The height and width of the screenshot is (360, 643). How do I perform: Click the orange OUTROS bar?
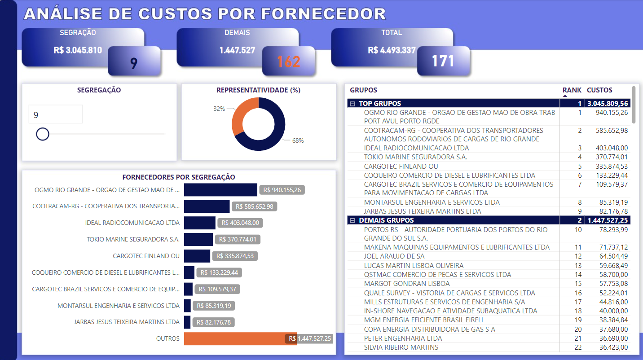(233, 339)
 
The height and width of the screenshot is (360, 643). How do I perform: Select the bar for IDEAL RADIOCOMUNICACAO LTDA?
(200, 223)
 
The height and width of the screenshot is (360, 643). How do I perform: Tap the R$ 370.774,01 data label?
(238, 239)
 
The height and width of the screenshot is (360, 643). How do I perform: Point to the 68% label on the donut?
(298, 140)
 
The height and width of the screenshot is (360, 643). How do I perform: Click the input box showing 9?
(55, 114)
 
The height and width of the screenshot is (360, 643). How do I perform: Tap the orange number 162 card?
(289, 61)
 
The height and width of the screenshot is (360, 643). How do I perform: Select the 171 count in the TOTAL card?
(443, 61)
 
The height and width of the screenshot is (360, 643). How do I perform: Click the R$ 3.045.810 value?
(77, 50)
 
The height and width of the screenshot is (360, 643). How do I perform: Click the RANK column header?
(572, 90)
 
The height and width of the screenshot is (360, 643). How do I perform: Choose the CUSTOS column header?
(599, 90)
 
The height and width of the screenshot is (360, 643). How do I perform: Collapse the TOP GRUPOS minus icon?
(352, 104)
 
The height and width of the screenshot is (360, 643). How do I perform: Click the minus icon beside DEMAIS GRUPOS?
(352, 220)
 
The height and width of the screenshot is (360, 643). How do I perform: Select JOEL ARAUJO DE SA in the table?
(394, 256)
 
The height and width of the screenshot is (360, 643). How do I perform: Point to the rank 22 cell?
(577, 347)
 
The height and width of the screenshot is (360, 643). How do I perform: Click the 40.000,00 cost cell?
(612, 311)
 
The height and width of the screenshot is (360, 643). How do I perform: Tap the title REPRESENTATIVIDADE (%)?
(258, 90)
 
